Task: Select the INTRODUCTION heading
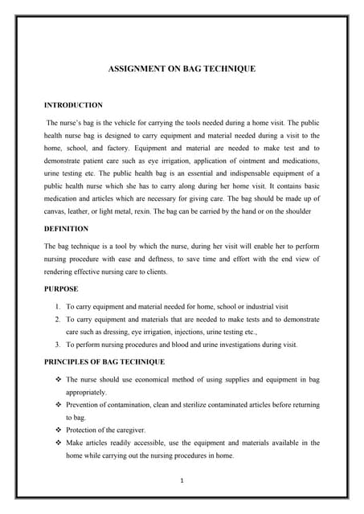click(x=73, y=105)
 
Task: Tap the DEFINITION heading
click(x=67, y=229)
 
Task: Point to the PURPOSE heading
click(x=62, y=288)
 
